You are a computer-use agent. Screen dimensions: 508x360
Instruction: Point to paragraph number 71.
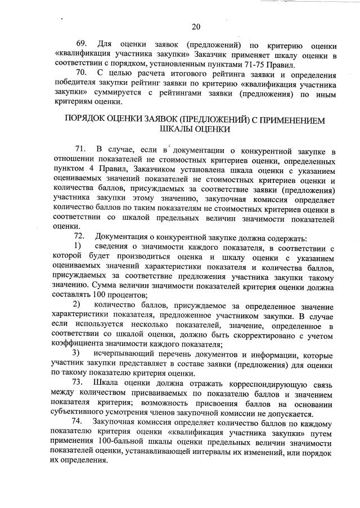(82, 149)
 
